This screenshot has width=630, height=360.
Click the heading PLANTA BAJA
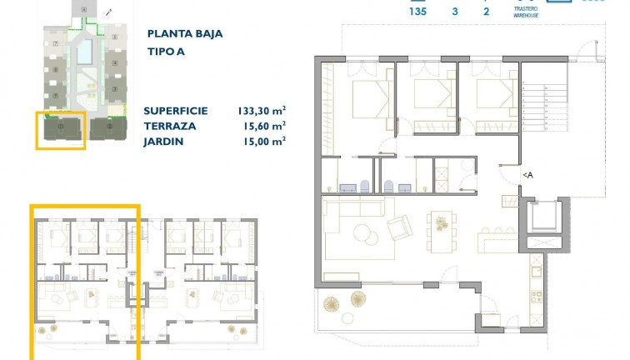(184, 34)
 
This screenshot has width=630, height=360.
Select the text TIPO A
(167, 52)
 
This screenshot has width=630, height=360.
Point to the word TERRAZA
(170, 126)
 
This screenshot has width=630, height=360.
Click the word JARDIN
(165, 141)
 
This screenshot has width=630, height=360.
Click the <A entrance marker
(527, 175)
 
